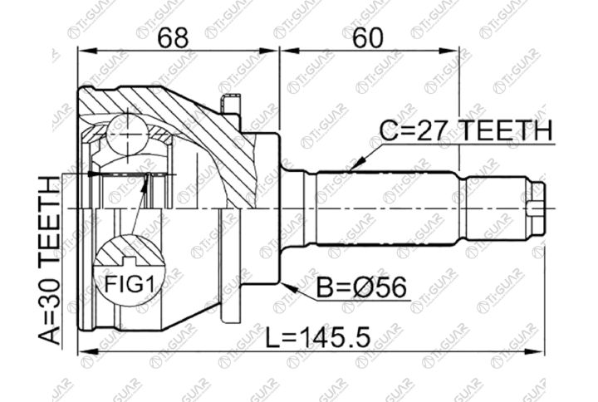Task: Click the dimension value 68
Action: [173, 38]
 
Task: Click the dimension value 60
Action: [368, 38]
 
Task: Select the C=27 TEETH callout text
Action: [466, 130]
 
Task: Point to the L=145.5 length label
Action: [318, 337]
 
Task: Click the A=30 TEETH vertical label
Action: [49, 261]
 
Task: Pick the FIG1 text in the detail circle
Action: [130, 284]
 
